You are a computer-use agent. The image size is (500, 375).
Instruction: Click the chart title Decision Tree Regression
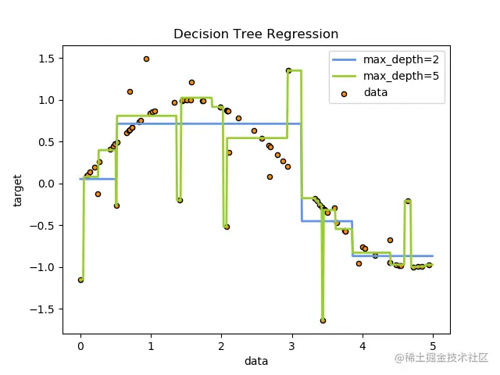click(255, 34)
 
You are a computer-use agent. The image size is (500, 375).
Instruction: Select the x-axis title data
click(256, 361)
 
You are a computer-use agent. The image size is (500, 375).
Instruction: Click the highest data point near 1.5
click(146, 59)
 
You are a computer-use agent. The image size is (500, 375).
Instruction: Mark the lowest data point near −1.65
click(323, 320)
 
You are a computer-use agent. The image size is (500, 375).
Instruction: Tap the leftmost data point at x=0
click(80, 280)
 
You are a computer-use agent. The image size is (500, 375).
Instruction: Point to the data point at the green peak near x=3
click(288, 70)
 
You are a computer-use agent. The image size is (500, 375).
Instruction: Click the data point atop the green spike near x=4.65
click(408, 201)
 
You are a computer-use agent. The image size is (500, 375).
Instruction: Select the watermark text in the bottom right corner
click(441, 357)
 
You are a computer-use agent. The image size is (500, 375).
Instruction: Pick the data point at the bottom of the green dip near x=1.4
click(180, 200)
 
